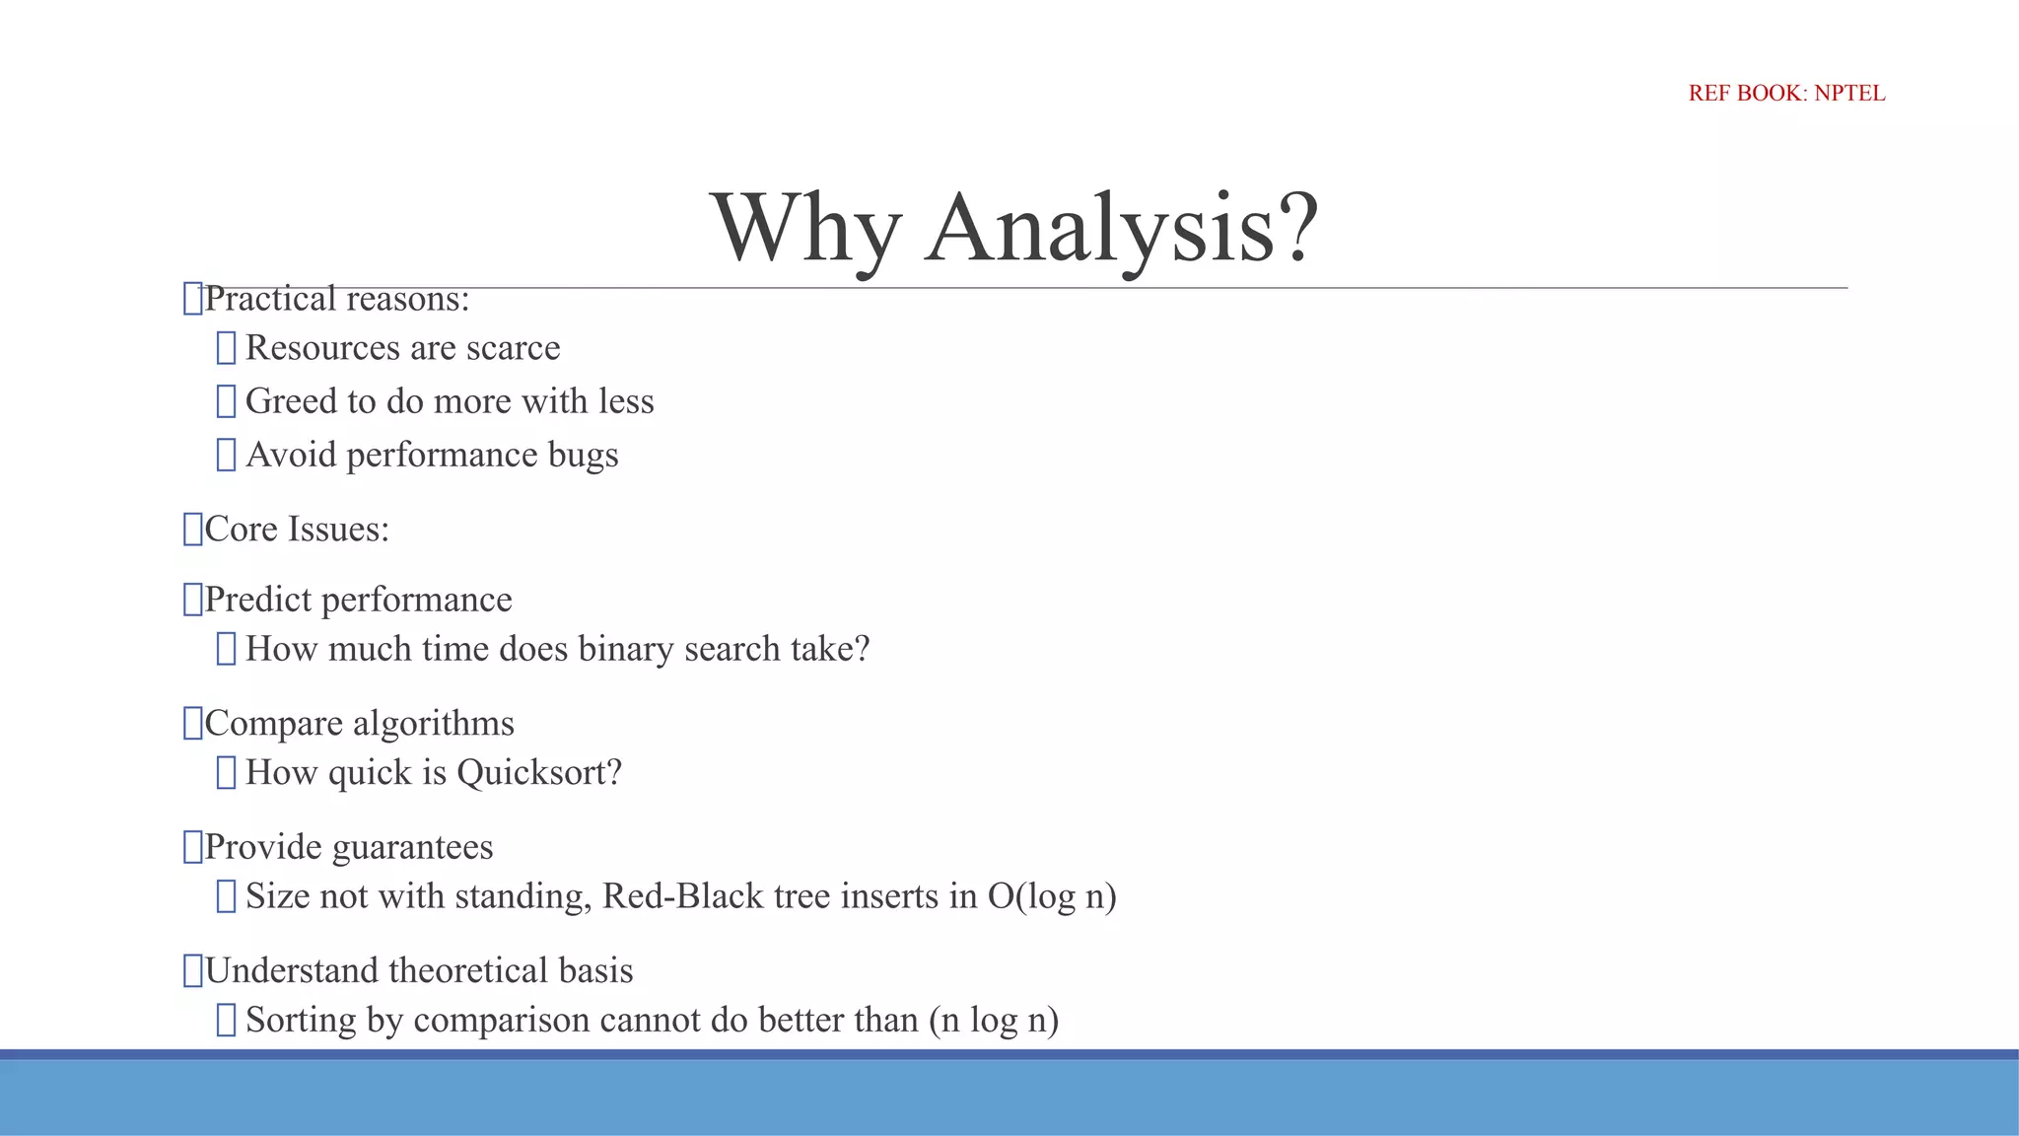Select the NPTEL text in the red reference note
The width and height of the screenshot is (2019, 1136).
pyautogui.click(x=1849, y=94)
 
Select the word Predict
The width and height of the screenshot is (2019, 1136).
pyautogui.click(x=257, y=600)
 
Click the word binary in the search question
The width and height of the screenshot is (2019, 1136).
pyautogui.click(x=625, y=649)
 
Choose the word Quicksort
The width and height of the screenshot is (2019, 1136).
pyautogui.click(x=539, y=773)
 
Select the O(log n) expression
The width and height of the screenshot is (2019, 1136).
pyautogui.click(x=1051, y=896)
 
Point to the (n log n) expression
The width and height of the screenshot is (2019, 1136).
pyautogui.click(x=994, y=1021)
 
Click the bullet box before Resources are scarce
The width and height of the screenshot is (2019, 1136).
pyautogui.click(x=226, y=348)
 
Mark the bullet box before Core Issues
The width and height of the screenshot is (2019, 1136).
pyautogui.click(x=192, y=530)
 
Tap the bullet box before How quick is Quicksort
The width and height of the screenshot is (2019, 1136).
pyautogui.click(x=226, y=773)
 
